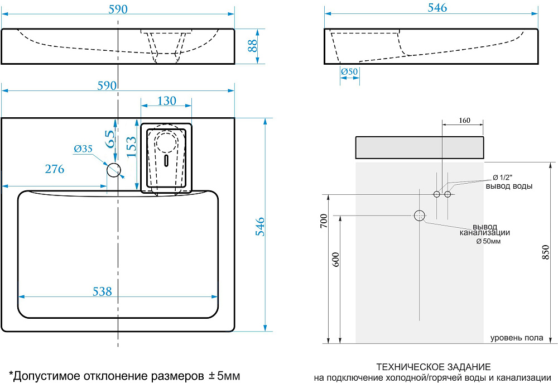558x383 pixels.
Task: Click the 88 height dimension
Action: pyautogui.click(x=253, y=46)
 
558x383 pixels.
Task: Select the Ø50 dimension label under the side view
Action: pyautogui.click(x=349, y=71)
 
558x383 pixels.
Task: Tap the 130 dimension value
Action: pyautogui.click(x=166, y=101)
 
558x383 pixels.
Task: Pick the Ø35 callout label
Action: pyautogui.click(x=83, y=149)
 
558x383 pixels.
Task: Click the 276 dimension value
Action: pyautogui.click(x=54, y=169)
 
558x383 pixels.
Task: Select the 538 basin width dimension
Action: pyautogui.click(x=102, y=291)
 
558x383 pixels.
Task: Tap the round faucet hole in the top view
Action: pyautogui.click(x=114, y=170)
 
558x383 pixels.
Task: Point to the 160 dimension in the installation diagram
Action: pyautogui.click(x=464, y=120)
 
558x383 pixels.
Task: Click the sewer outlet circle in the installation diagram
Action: pyautogui.click(x=420, y=215)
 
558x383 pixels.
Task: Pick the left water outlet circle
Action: pyautogui.click(x=437, y=194)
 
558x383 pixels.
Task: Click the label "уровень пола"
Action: pyautogui.click(x=517, y=338)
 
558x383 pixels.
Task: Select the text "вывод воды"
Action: pyautogui.click(x=508, y=186)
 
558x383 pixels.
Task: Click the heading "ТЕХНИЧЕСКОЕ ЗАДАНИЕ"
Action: pyautogui.click(x=434, y=367)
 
